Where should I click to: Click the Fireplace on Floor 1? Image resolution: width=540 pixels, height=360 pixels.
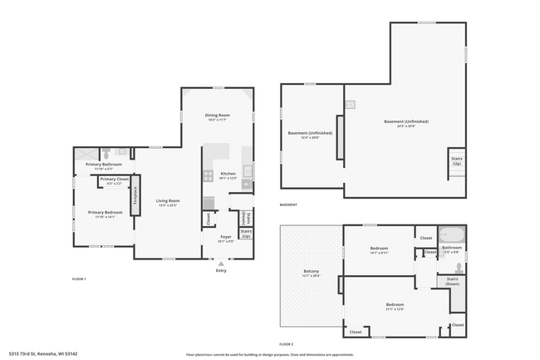click(x=135, y=194)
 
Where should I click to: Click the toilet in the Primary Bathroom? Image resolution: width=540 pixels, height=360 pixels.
click(x=106, y=153)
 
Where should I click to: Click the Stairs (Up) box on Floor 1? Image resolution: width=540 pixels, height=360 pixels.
click(x=246, y=234)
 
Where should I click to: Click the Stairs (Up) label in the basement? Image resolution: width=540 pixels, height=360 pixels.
click(x=456, y=160)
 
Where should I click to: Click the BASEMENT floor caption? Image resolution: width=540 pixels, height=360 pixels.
click(x=288, y=205)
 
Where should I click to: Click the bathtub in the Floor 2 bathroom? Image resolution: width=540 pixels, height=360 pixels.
click(x=452, y=235)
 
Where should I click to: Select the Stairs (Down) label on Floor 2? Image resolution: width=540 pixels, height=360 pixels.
click(x=452, y=281)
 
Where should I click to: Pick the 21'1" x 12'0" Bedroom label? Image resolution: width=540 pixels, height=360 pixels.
click(x=395, y=306)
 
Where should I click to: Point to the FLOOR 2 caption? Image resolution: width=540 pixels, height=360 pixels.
click(x=287, y=343)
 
